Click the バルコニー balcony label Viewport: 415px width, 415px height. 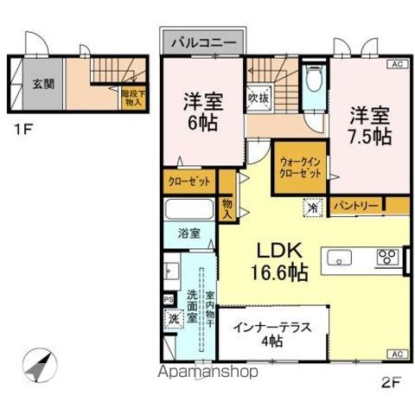205,41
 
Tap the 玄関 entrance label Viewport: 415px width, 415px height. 42,83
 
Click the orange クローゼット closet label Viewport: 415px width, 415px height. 188,183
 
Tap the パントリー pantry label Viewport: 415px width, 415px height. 355,206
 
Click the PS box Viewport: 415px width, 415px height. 169,300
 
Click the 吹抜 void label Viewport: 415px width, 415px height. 257,99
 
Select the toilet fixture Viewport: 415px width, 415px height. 313,85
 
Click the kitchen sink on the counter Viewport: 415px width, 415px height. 339,257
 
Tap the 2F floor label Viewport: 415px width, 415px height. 393,380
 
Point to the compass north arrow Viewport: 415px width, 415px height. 40,367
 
